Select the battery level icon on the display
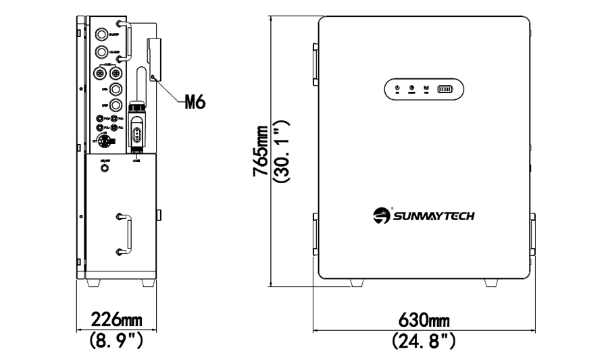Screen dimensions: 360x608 click(447, 88)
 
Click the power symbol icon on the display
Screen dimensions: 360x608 click(397, 88)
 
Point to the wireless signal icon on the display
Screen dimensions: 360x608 click(427, 88)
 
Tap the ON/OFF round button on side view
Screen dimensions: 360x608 click(105, 167)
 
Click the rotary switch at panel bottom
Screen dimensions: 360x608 click(105, 142)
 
